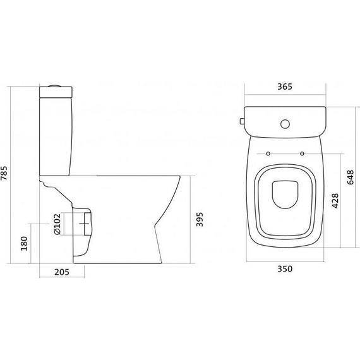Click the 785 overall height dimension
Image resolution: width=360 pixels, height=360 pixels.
coord(4,173)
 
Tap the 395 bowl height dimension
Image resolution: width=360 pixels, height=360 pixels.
coord(200,219)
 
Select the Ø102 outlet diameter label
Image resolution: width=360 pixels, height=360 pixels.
coord(57,224)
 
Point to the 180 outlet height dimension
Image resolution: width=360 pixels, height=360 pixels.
coord(24,244)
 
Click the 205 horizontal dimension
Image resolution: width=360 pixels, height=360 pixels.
coord(62,272)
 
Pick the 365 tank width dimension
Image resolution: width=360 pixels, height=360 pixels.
coord(285,87)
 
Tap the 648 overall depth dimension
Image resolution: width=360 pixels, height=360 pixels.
coord(351,177)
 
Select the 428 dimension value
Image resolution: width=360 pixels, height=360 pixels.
coord(335,201)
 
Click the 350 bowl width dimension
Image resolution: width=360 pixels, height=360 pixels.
coord(285,268)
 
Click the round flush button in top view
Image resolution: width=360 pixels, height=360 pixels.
coord(285,124)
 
